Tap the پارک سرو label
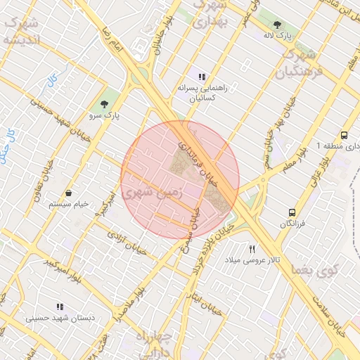coord(105,113)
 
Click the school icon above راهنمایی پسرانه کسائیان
coord(202,77)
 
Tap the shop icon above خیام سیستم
coord(68,193)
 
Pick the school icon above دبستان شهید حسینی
coord(60,307)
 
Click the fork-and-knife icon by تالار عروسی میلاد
coord(252,249)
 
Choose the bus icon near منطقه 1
coord(344,135)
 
